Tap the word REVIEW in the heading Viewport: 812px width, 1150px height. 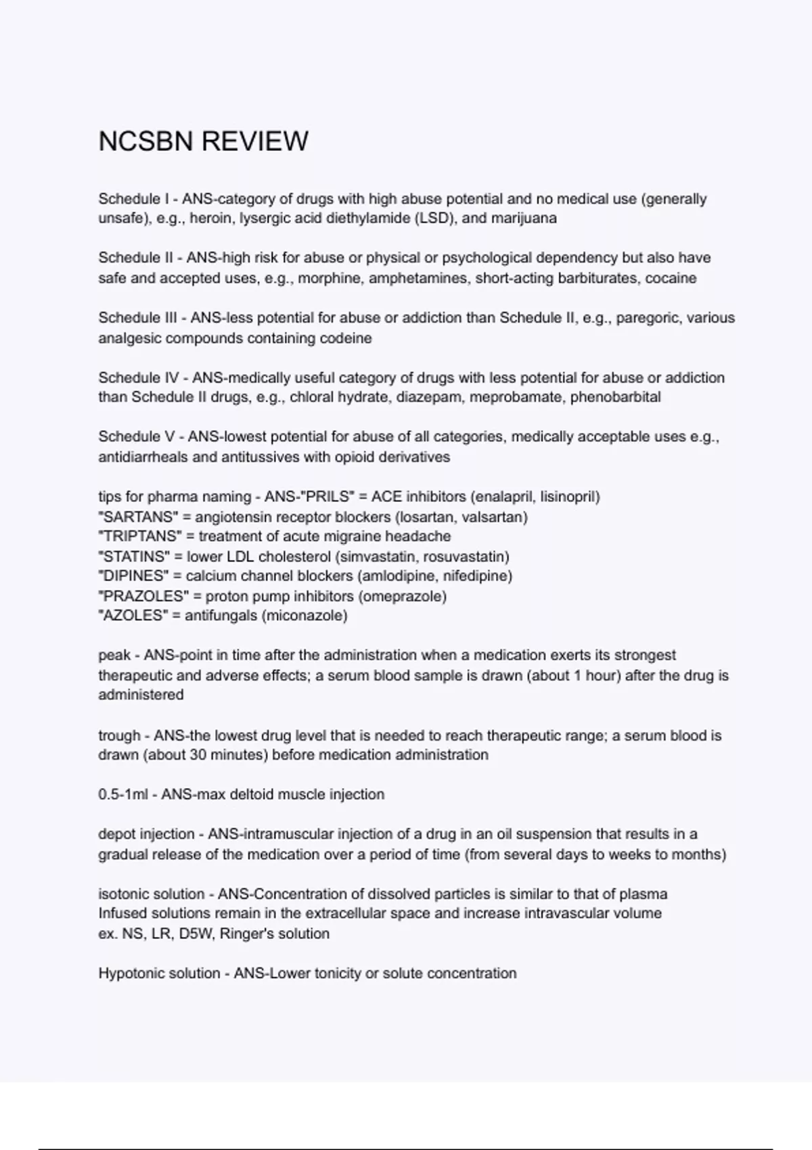[255, 141]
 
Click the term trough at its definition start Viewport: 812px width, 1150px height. [118, 736]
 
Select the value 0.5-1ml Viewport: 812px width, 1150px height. [122, 795]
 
